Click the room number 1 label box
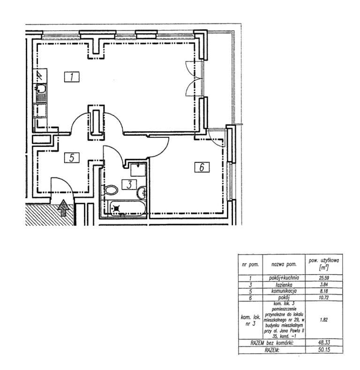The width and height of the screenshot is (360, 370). click(x=70, y=77)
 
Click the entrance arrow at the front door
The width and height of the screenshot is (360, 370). click(x=63, y=208)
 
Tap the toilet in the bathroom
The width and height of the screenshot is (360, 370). click(x=112, y=190)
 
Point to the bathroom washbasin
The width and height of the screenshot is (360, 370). click(x=142, y=192)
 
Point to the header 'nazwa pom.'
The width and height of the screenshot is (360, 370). click(x=280, y=265)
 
